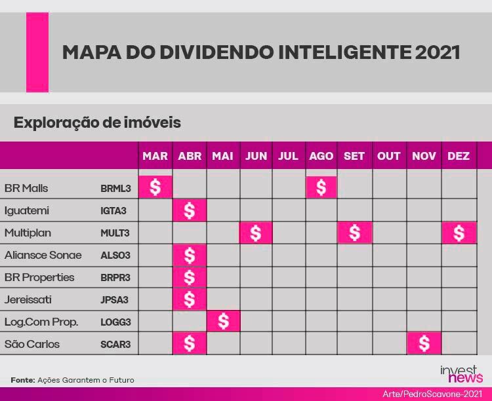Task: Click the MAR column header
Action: pyautogui.click(x=155, y=156)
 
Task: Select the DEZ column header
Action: pyautogui.click(x=459, y=156)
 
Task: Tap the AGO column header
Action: pyautogui.click(x=321, y=156)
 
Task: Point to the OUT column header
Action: pyautogui.click(x=389, y=156)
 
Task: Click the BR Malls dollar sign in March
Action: pyautogui.click(x=155, y=187)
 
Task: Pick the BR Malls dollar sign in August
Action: pyautogui.click(x=321, y=187)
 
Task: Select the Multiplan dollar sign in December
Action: pyautogui.click(x=459, y=233)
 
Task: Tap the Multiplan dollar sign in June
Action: pyautogui.click(x=256, y=233)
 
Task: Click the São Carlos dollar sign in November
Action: pyautogui.click(x=424, y=343)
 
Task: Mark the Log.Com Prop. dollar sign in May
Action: pyautogui.click(x=224, y=321)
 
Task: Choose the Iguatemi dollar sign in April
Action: pyautogui.click(x=190, y=210)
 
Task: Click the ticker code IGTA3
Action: pyautogui.click(x=113, y=211)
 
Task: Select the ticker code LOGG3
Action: pyautogui.click(x=115, y=322)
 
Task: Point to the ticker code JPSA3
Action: pyautogui.click(x=114, y=299)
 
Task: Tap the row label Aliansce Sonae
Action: pyautogui.click(x=43, y=255)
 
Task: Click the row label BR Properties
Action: pyautogui.click(x=39, y=277)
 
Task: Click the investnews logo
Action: pyautogui.click(x=461, y=373)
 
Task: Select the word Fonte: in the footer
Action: pyautogui.click(x=23, y=380)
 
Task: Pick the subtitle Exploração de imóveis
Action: pyautogui.click(x=97, y=123)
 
